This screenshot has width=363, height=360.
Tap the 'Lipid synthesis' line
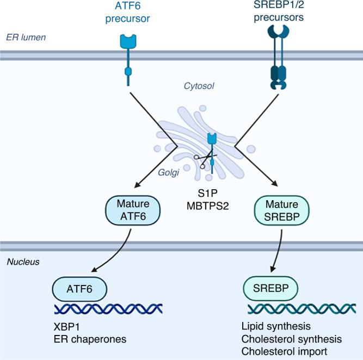(x=276, y=326)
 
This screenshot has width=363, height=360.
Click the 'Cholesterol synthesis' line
(x=292, y=339)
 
